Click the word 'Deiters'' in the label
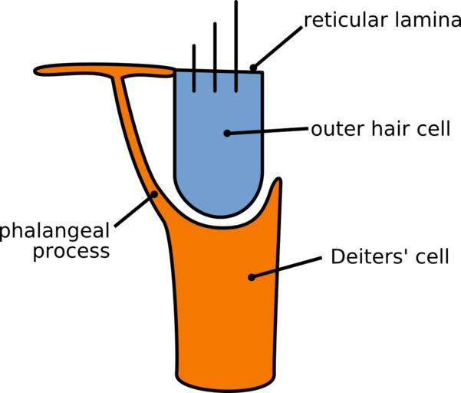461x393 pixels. [363, 256]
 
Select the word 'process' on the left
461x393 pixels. [71, 252]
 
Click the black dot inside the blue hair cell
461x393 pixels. [227, 133]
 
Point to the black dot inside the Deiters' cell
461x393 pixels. [251, 276]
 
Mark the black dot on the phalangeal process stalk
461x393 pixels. [154, 194]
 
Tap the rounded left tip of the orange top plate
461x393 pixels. [38, 71]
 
